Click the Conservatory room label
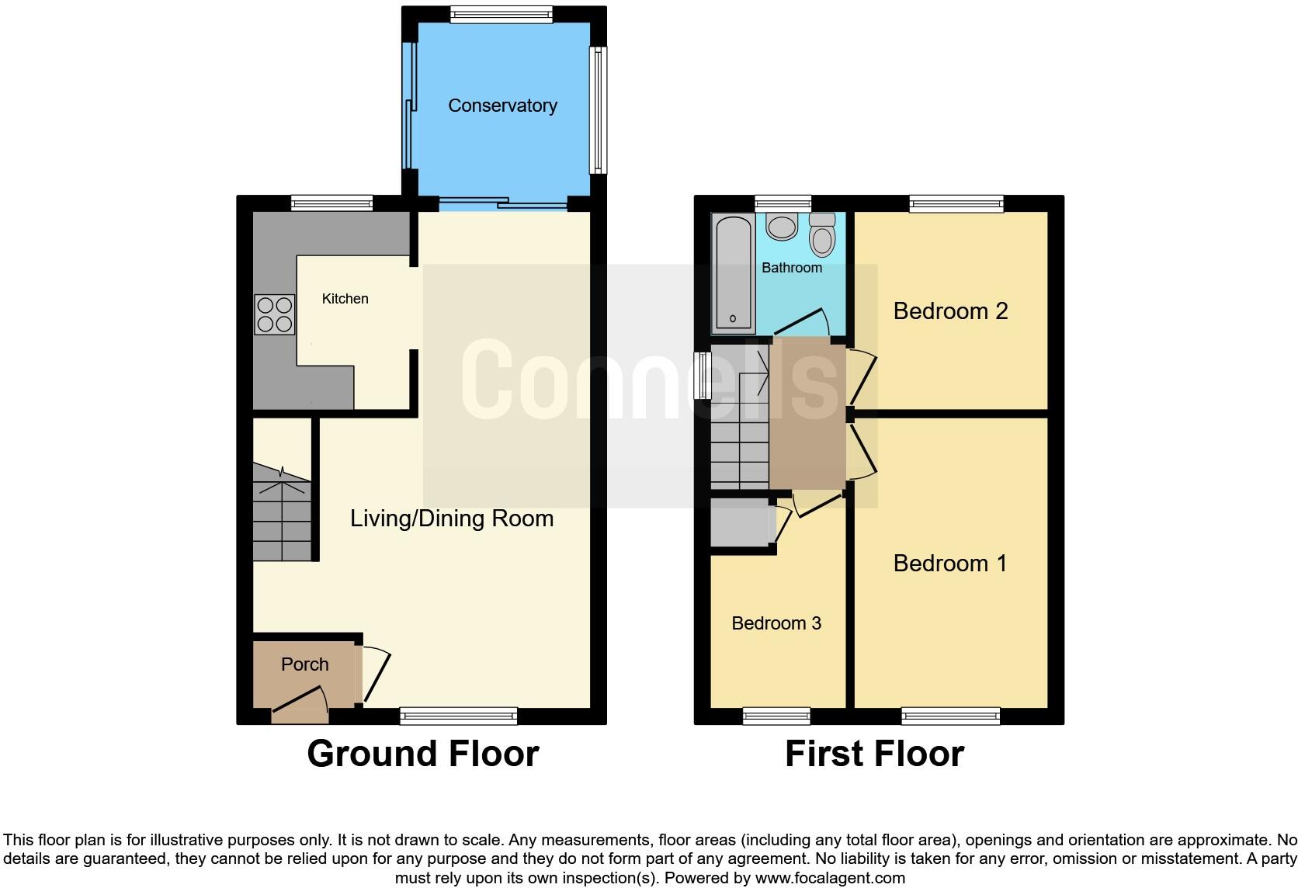502,106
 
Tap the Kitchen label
345,299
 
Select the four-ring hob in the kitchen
275,314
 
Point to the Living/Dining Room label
452,519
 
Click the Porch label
304,664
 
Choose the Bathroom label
791,268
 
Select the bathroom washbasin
781,226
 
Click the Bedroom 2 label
950,311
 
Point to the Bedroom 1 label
950,564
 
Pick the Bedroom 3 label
776,623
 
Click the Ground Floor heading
422,754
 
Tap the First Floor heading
874,754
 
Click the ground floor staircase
282,512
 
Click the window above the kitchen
331,203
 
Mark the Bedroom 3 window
776,716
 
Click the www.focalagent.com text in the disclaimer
829,879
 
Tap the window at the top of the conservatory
501,15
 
